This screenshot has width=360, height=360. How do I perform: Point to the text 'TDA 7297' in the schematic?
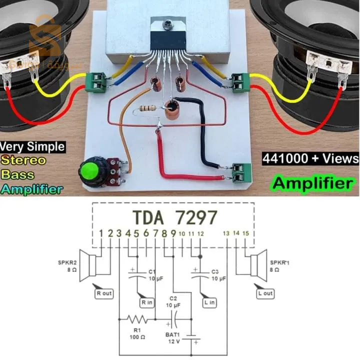click(x=175, y=217)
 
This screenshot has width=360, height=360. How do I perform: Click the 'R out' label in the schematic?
click(x=104, y=293)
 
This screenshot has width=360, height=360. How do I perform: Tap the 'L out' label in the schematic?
click(x=265, y=293)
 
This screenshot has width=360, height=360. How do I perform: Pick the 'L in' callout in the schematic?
click(x=209, y=302)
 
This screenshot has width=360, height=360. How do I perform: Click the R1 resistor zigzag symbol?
click(x=137, y=319)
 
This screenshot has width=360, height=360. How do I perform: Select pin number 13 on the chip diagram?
click(x=226, y=233)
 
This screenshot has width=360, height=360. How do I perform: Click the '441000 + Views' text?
click(x=310, y=158)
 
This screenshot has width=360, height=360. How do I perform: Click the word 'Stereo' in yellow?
click(x=22, y=160)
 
